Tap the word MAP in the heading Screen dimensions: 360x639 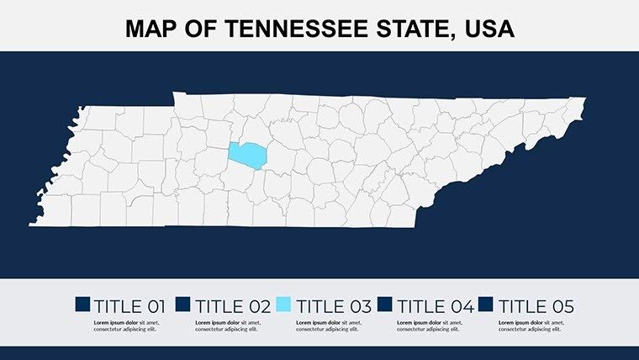point(151,29)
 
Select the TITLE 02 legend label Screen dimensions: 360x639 point(230,306)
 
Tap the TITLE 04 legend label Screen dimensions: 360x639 point(435,306)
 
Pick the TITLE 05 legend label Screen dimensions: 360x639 point(536,306)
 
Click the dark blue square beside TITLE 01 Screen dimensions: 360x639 point(82,305)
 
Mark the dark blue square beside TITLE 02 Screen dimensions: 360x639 point(183,305)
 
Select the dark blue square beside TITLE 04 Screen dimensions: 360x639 point(386,305)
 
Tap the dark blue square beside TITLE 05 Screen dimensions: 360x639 point(488,305)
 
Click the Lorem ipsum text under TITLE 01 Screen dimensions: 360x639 point(126,326)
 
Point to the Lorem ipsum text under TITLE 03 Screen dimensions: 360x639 point(329,326)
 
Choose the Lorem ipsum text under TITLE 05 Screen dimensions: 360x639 point(531,326)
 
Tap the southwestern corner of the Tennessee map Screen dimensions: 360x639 point(32,224)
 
